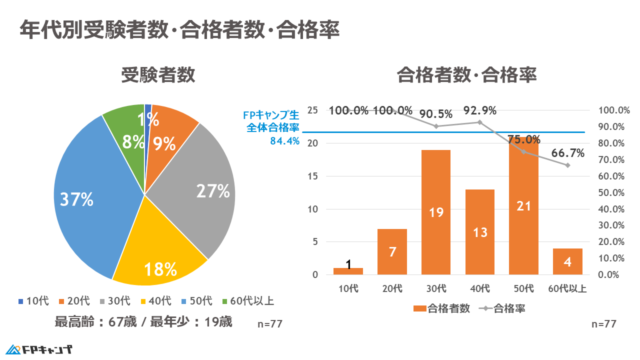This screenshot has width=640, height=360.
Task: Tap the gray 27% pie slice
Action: [205, 190]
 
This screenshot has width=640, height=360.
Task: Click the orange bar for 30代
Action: [436, 212]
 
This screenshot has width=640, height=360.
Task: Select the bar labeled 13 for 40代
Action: [480, 232]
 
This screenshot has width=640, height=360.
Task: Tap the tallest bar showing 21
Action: [523, 206]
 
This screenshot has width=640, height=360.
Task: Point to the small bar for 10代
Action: [348, 271]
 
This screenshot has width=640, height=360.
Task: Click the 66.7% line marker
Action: [567, 165]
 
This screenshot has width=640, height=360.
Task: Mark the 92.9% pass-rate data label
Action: [480, 110]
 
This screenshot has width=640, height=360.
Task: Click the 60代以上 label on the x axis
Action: [567, 288]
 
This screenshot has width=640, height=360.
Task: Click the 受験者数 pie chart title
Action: [158, 75]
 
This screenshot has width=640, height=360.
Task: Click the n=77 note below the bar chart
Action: [603, 324]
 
